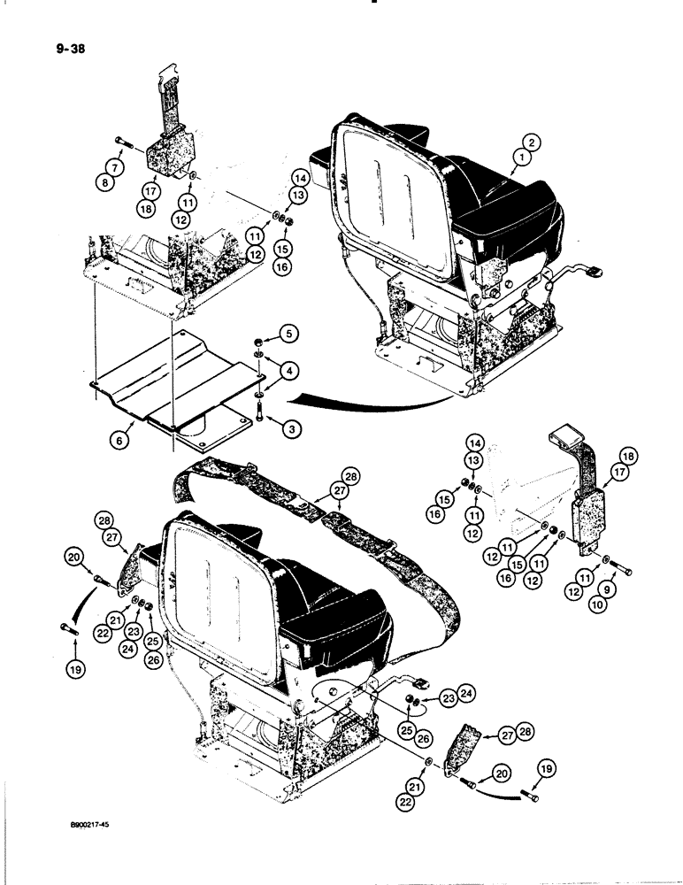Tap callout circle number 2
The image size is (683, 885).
(x=530, y=141)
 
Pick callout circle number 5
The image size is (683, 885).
(x=290, y=335)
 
